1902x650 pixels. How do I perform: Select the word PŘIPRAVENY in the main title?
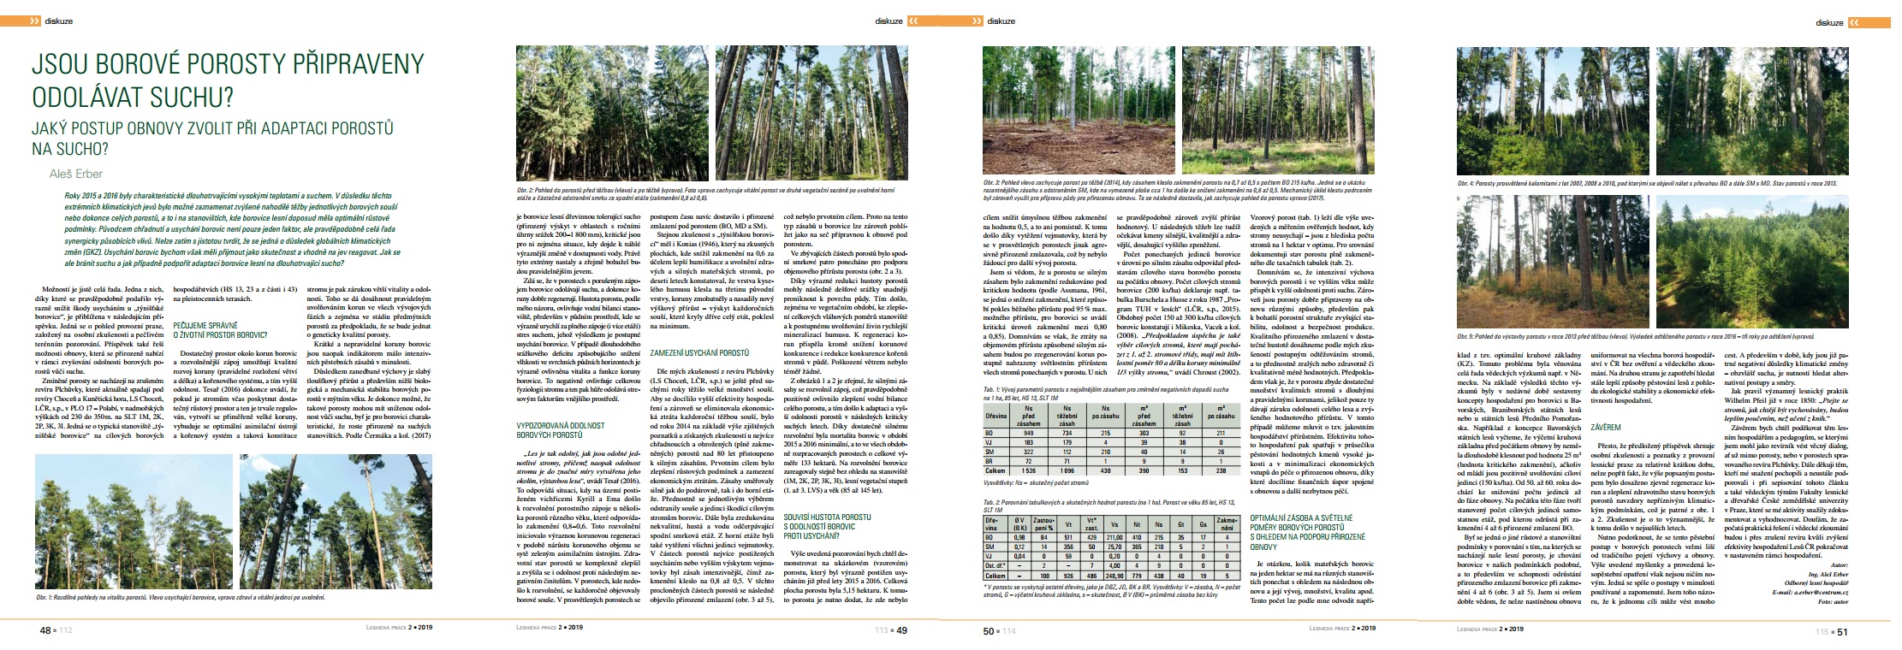[342, 65]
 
